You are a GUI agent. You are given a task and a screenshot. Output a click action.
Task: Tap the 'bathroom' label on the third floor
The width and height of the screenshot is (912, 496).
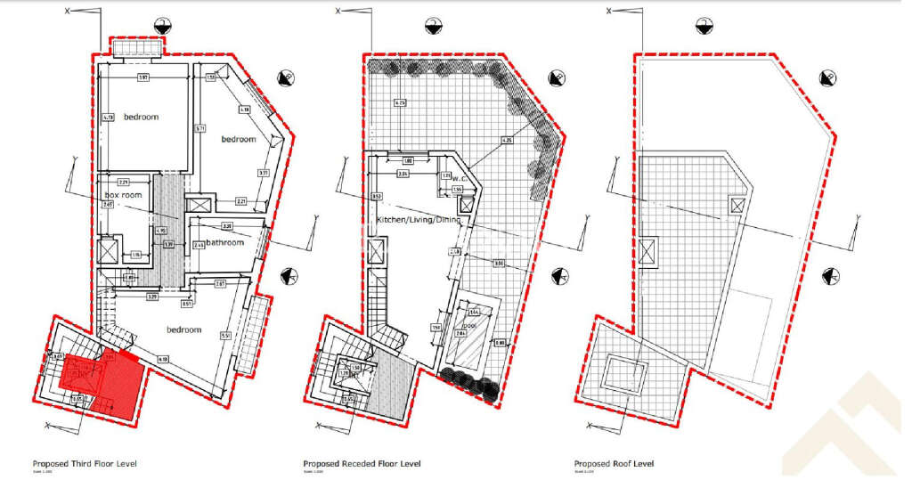click(x=225, y=242)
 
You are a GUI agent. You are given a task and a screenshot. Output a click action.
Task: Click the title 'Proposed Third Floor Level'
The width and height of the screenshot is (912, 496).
click(x=85, y=463)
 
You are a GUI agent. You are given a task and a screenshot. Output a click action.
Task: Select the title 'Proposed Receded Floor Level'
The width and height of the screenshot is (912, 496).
click(x=362, y=463)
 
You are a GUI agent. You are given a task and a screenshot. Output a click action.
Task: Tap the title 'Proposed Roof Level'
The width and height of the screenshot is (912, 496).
click(x=614, y=463)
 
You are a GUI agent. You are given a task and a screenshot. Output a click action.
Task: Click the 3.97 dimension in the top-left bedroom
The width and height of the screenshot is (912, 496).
click(x=142, y=78)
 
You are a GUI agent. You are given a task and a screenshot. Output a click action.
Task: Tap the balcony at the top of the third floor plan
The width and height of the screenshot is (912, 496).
click(x=135, y=46)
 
